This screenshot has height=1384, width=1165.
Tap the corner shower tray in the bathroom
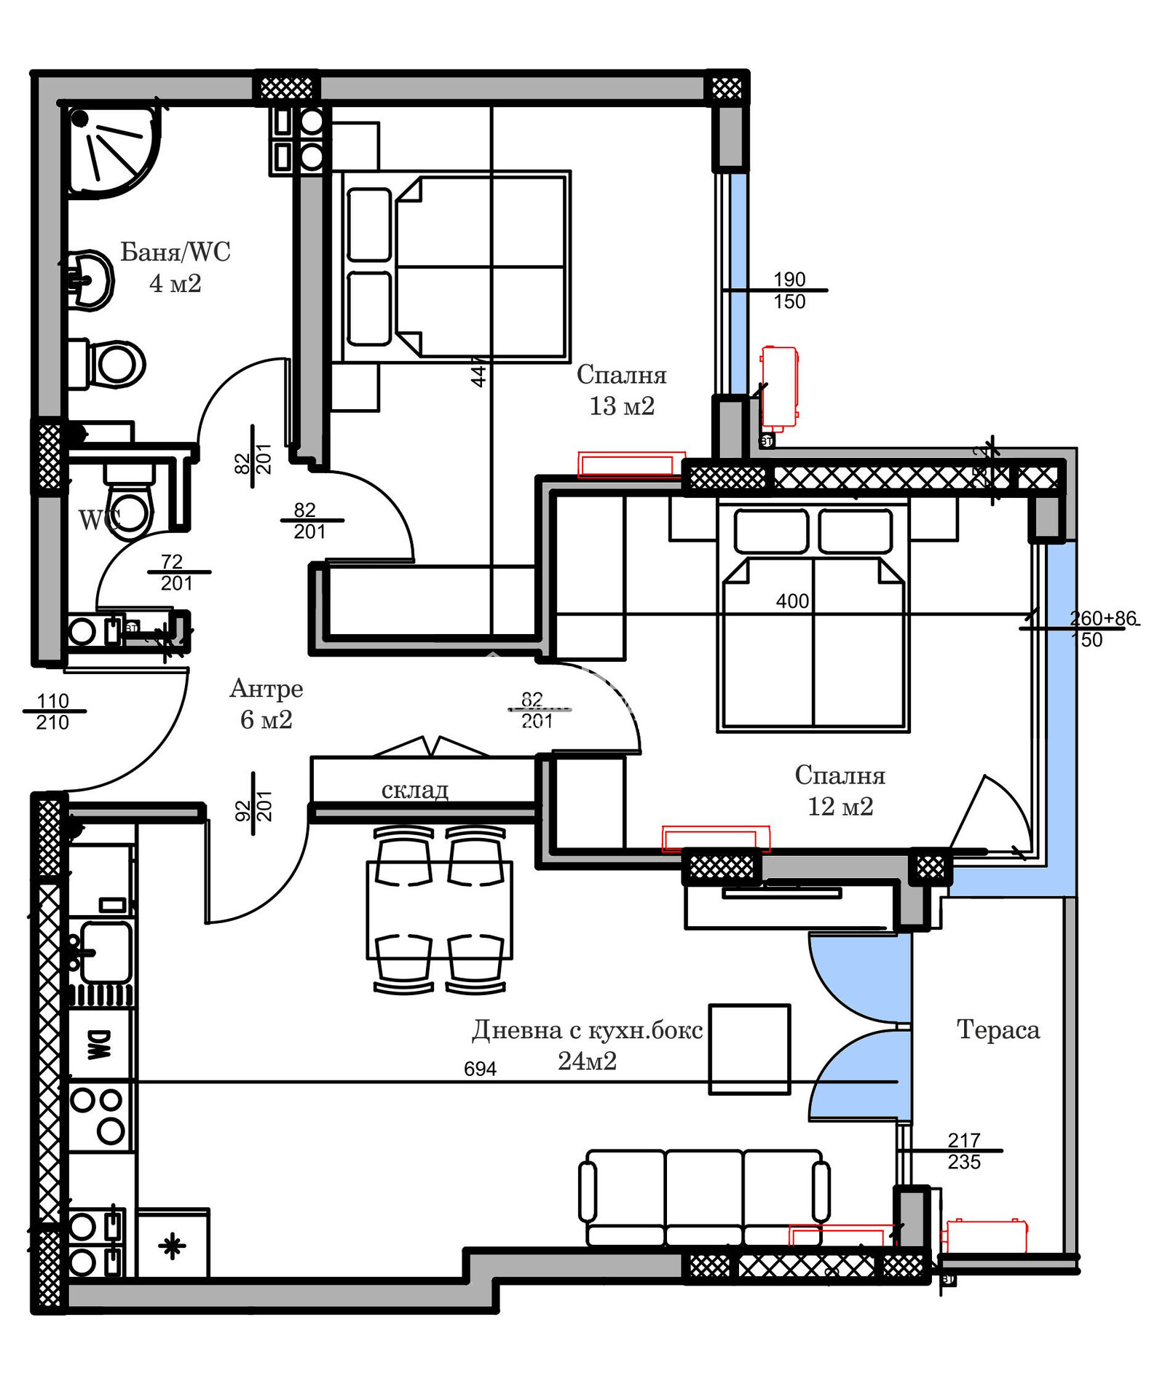coord(109,149)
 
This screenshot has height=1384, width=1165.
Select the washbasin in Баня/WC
coord(91,280)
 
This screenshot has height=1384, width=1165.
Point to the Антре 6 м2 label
coord(266,703)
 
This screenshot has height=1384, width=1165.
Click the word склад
coord(414,789)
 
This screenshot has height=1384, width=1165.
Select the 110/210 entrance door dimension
coord(52,711)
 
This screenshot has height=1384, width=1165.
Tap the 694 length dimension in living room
coord(480,1069)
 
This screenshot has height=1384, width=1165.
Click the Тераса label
coord(998,1029)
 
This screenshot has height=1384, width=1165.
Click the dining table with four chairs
coord(439,909)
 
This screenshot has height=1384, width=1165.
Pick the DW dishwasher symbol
coord(100,1044)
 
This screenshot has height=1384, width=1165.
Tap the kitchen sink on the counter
coord(105,952)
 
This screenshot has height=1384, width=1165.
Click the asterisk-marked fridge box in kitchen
coord(173,1246)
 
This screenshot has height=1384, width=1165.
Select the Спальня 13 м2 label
coord(621,390)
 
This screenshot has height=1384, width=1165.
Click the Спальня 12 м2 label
coord(840,791)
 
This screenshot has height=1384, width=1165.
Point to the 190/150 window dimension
coord(789,290)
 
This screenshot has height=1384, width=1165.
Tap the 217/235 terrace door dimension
coord(963,1151)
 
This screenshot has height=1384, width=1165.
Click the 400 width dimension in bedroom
coord(792,601)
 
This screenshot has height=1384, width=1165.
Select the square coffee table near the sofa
coord(749,1049)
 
